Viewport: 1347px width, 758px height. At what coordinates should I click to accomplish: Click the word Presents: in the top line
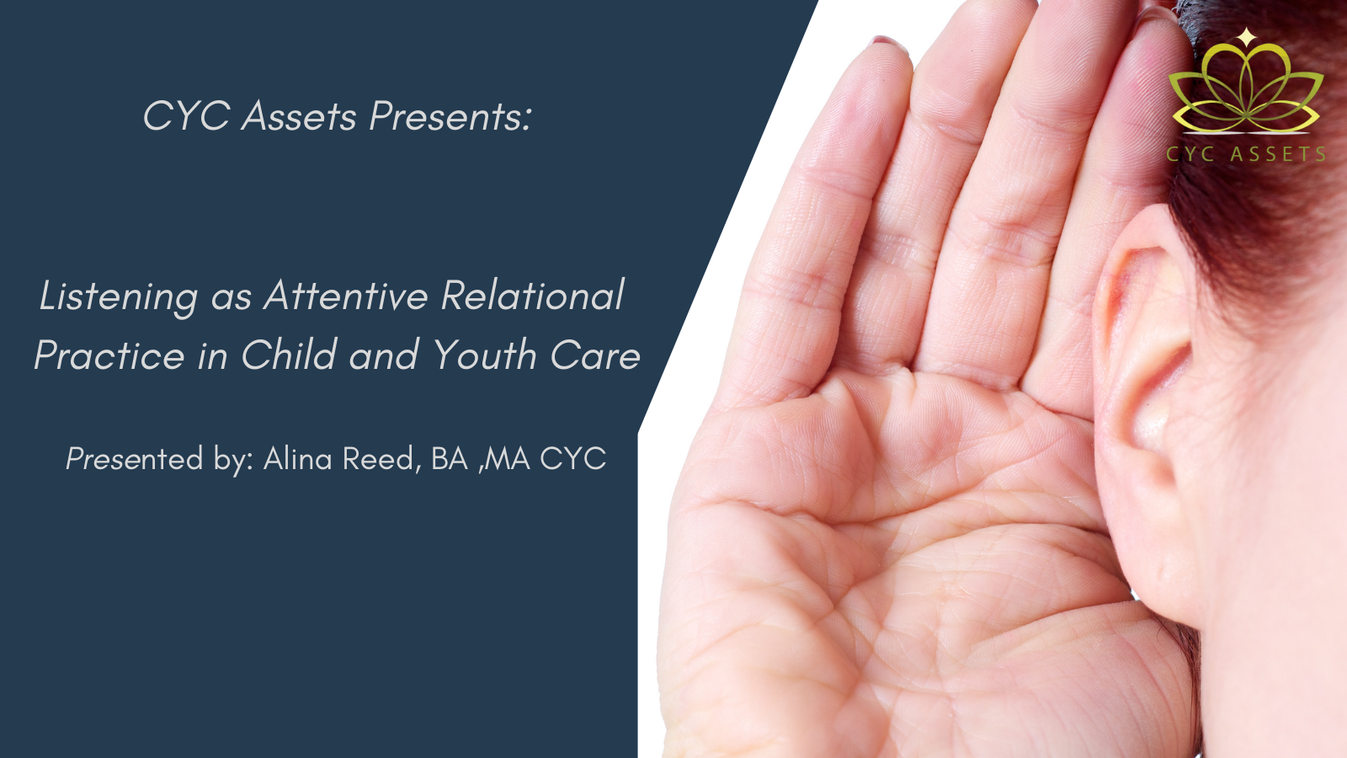coord(450,115)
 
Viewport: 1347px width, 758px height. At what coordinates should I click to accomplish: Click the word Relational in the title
coord(533,295)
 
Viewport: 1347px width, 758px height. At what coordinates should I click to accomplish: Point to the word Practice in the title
coord(109,354)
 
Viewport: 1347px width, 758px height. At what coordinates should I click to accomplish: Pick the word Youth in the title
coord(484,354)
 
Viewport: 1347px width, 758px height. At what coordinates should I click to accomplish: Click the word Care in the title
coord(595,355)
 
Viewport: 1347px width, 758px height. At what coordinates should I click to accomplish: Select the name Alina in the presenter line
coord(298,459)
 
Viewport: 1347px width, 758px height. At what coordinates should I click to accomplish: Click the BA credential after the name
coord(450,459)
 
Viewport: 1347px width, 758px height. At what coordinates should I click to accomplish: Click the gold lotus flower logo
coord(1245,90)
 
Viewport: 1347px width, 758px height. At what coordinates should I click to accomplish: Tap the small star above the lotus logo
coord(1247,37)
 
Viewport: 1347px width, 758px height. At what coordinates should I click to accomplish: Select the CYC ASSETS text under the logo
coord(1245,154)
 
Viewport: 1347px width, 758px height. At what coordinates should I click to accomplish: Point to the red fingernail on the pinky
coord(889,42)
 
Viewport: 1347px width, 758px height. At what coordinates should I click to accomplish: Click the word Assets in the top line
coord(299,115)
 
